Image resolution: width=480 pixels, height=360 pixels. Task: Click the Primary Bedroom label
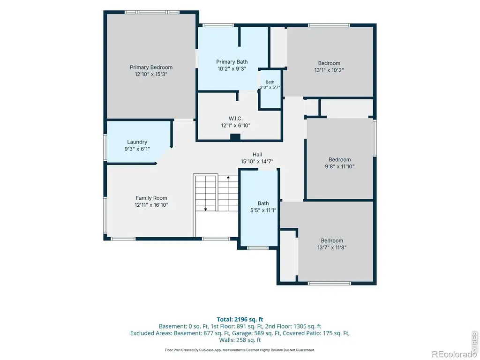pyautogui.click(x=151, y=67)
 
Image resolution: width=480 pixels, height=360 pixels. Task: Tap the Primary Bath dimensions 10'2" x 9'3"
pyautogui.click(x=232, y=69)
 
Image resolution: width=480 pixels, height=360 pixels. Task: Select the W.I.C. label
pyautogui.click(x=236, y=119)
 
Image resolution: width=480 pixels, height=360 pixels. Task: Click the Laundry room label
pyautogui.click(x=137, y=142)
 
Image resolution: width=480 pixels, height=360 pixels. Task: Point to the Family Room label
pyautogui.click(x=151, y=198)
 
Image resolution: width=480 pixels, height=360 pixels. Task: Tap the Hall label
pyautogui.click(x=257, y=155)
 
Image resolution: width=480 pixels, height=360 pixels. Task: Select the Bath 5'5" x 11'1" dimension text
pyautogui.click(x=263, y=210)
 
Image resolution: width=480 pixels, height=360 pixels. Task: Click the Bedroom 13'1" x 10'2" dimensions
pyautogui.click(x=329, y=70)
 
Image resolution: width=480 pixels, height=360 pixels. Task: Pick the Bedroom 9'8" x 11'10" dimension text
pyautogui.click(x=340, y=166)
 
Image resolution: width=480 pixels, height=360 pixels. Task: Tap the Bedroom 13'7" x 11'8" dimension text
pyautogui.click(x=332, y=247)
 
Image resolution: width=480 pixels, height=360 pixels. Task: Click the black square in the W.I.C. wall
pyautogui.click(x=235, y=137)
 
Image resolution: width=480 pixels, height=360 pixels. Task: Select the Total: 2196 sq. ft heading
pyautogui.click(x=240, y=320)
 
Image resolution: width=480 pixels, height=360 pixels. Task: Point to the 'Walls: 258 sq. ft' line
pyautogui.click(x=240, y=340)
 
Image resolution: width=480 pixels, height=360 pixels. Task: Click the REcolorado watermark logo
pyautogui.click(x=454, y=354)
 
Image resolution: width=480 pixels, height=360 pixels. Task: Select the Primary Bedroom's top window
pyautogui.click(x=152, y=12)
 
